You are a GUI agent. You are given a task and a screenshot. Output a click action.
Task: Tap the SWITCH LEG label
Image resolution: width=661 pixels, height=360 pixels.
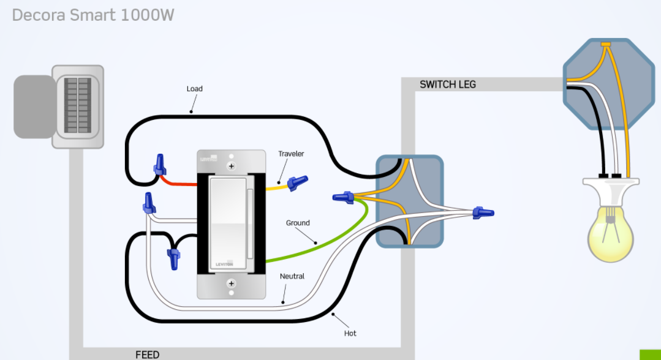448,84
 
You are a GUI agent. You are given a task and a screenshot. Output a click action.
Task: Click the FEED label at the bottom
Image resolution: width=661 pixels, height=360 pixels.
147,354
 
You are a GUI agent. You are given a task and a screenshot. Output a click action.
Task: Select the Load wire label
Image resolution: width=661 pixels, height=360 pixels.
194,89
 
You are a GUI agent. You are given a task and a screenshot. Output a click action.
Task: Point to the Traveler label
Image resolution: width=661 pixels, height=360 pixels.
291,154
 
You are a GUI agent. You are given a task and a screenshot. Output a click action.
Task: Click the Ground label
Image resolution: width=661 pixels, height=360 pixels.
298,223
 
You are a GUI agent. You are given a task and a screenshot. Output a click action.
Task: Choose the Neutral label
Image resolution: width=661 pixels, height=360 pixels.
292,276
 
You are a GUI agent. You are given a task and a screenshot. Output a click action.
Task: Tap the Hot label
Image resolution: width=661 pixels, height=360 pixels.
350,333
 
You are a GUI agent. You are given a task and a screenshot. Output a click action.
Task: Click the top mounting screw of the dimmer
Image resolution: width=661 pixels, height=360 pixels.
232,166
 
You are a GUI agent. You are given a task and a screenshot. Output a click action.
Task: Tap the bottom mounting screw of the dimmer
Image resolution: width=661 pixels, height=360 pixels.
232,283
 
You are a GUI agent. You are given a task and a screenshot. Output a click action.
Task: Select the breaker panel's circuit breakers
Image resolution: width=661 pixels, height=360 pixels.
78,105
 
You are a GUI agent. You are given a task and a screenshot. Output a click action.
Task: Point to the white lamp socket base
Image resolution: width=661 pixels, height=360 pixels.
610,190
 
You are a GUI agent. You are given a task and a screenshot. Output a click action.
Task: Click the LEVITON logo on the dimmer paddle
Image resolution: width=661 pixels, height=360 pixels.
224,264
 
